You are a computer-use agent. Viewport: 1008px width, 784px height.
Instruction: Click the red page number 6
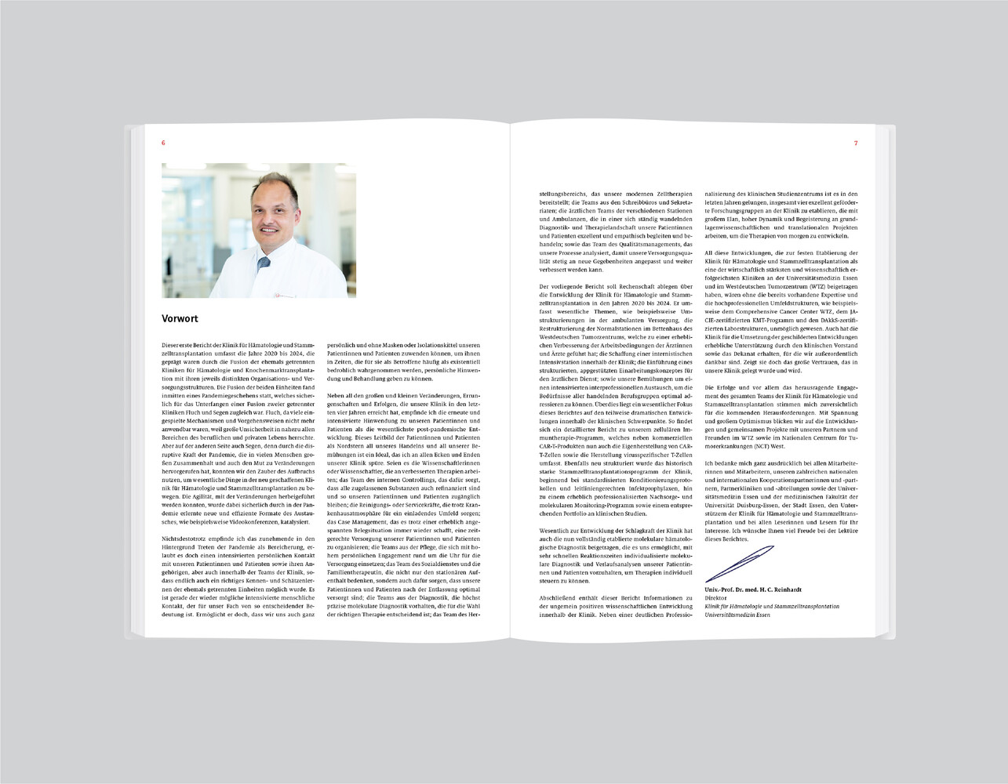pos(163,143)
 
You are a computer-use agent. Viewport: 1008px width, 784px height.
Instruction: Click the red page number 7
pos(856,143)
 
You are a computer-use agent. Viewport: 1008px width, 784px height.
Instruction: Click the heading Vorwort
pos(180,319)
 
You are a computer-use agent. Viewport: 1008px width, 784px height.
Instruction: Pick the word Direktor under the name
pos(718,597)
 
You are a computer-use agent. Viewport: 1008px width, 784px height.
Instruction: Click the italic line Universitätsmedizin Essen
pos(737,615)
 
